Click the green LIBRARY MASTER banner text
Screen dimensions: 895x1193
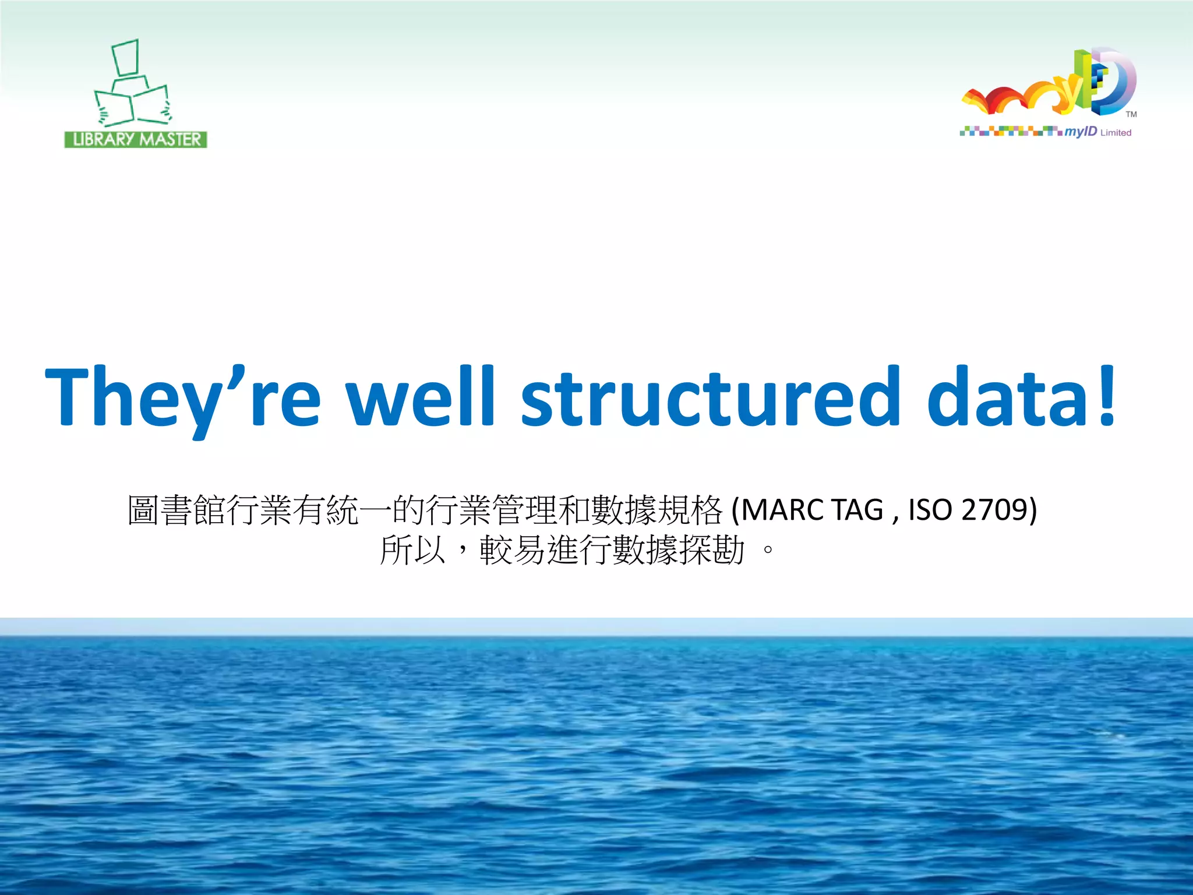click(136, 140)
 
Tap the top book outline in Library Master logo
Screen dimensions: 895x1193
click(125, 57)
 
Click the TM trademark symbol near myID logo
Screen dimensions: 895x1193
click(1131, 114)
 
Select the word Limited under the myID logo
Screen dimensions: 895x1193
click(1116, 133)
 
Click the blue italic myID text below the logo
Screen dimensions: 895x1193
click(1081, 132)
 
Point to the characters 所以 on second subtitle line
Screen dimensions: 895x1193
click(412, 549)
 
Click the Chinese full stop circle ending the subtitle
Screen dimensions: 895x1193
click(768, 549)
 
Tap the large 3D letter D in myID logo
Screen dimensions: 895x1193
click(1116, 82)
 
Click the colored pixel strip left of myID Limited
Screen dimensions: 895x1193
click(1011, 131)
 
